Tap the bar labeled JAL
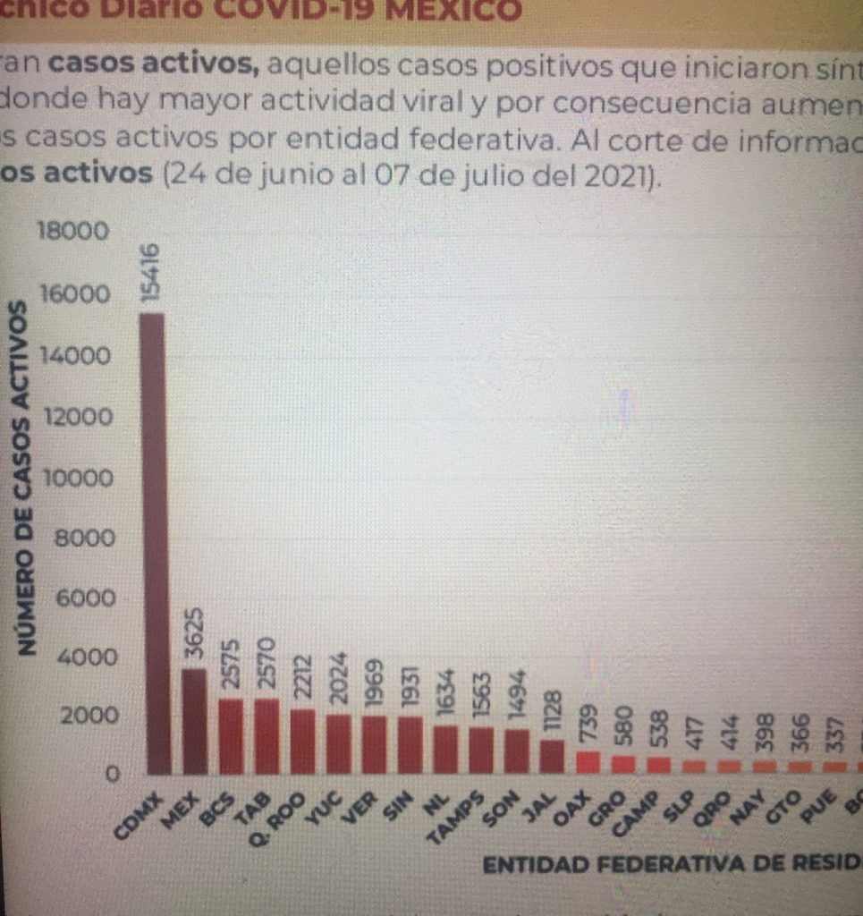(551, 756)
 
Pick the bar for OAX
(587, 762)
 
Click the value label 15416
(153, 272)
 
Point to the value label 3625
(193, 635)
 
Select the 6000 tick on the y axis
(86, 598)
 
